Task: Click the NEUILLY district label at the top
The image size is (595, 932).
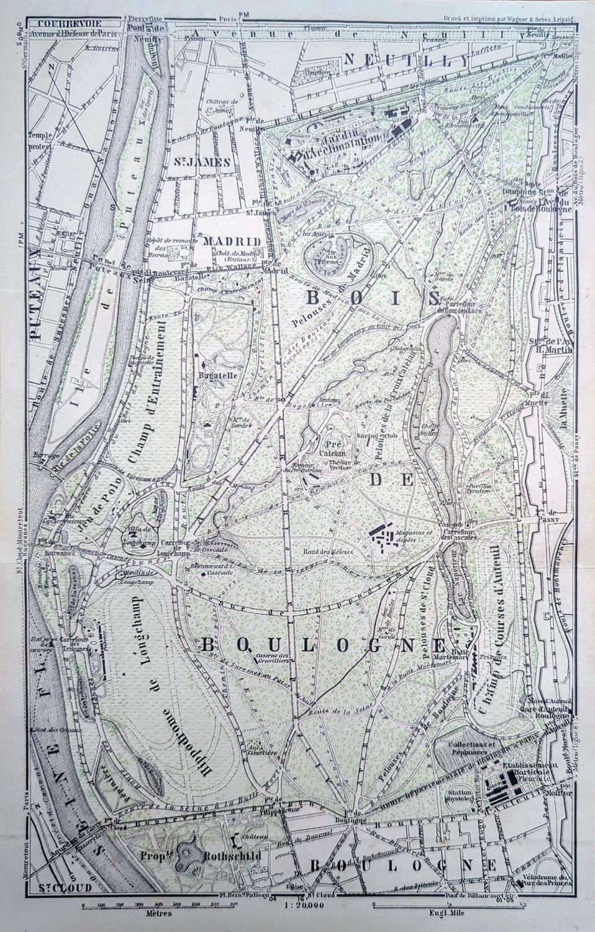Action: [404, 60]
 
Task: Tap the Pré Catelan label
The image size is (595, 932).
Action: [337, 449]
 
